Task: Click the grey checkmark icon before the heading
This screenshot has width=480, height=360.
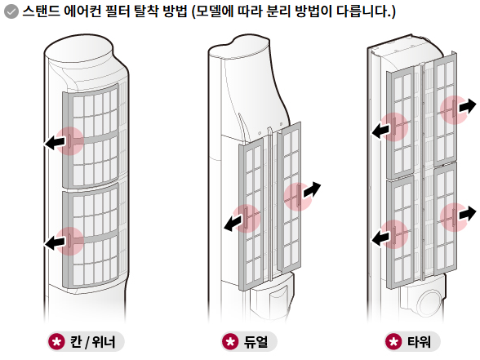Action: pyautogui.click(x=11, y=14)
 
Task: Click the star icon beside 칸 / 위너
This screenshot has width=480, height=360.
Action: pyautogui.click(x=57, y=341)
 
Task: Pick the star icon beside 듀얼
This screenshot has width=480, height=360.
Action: pyautogui.click(x=229, y=341)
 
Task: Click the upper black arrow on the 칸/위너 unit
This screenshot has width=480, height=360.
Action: pyautogui.click(x=56, y=143)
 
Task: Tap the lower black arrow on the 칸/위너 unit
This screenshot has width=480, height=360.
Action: pyautogui.click(x=56, y=241)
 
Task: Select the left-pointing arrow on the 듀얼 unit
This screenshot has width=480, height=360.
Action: pyautogui.click(x=233, y=221)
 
